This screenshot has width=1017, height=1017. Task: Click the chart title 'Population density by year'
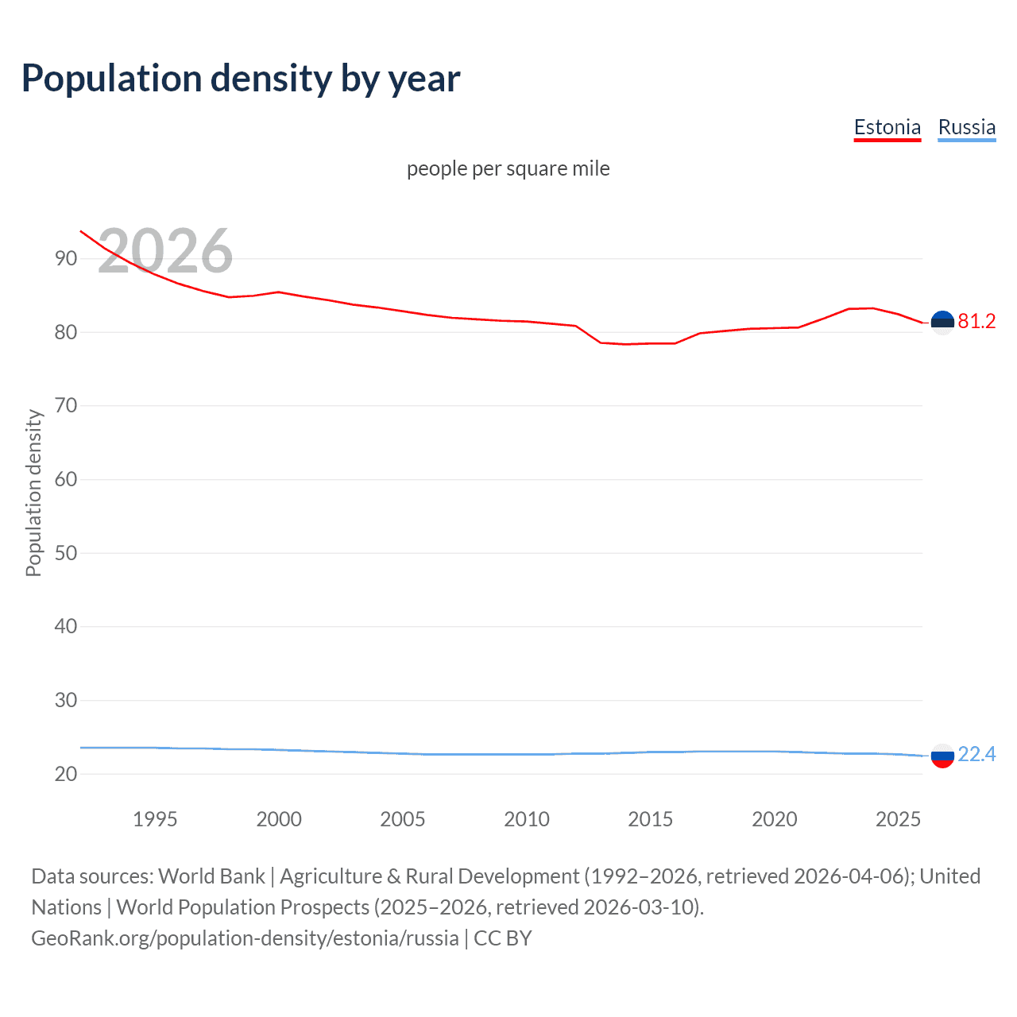tap(241, 79)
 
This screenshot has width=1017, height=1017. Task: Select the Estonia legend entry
tap(887, 127)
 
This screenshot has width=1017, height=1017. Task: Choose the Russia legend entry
tap(966, 127)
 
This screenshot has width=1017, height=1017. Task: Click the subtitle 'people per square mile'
tap(508, 168)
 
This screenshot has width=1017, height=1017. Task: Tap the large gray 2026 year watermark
tap(165, 251)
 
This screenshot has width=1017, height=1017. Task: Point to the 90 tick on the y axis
tap(66, 259)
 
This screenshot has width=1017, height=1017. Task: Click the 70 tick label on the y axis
tap(66, 406)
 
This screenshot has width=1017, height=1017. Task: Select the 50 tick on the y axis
tap(66, 553)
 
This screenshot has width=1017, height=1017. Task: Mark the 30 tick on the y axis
tap(66, 700)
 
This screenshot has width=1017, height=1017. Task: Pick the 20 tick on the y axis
tap(66, 774)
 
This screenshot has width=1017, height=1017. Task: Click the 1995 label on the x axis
tap(155, 819)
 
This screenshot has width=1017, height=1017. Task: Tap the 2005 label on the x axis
tap(403, 819)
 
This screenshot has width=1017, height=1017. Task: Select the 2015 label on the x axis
tap(651, 819)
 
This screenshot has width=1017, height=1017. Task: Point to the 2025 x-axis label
tap(898, 819)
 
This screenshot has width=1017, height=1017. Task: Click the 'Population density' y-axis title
tap(33, 493)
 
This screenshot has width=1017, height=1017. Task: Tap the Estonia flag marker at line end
tap(942, 322)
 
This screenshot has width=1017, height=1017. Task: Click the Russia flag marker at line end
tap(942, 756)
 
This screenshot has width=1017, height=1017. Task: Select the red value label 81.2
tap(976, 321)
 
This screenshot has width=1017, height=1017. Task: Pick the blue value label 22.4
tap(976, 754)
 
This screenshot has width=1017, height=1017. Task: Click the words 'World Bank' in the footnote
tap(211, 876)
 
